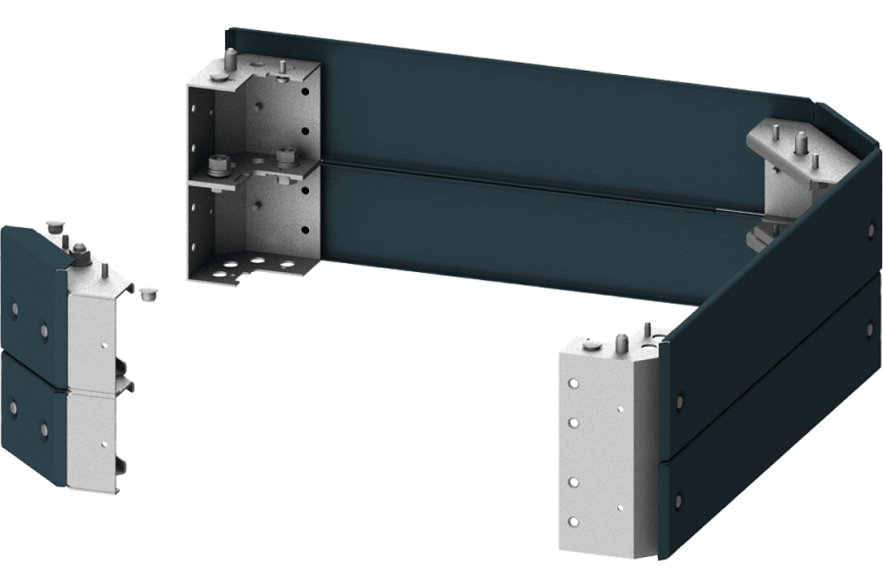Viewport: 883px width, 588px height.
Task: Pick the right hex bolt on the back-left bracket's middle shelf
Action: coord(284,156)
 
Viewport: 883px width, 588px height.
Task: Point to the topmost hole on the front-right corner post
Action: coord(574,386)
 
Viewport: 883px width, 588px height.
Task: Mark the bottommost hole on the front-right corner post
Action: coord(574,518)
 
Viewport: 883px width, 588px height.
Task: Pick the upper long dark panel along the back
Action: coord(530,115)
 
